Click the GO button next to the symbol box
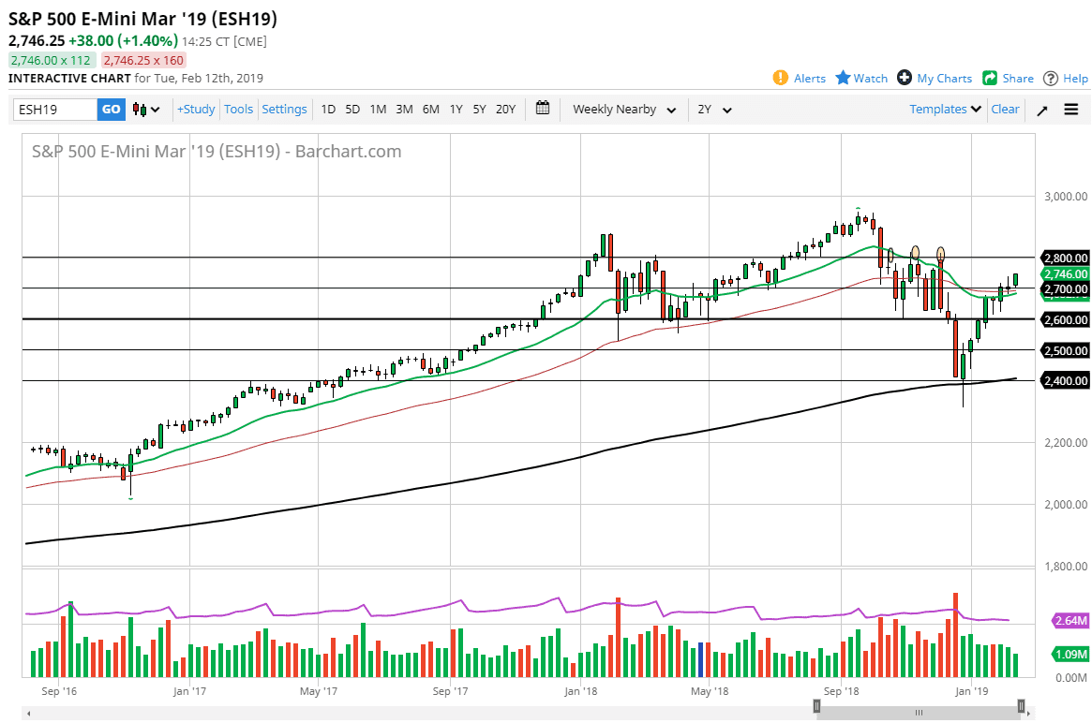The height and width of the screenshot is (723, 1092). [111, 110]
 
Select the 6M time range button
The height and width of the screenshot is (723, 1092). [430, 110]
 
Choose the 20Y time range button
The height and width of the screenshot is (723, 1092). [505, 110]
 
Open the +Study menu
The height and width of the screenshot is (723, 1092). [196, 110]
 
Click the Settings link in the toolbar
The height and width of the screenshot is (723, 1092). [284, 110]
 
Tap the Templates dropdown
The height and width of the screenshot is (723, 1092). [945, 110]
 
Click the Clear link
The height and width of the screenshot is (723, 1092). [1005, 110]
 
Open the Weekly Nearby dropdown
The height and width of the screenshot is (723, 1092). [624, 110]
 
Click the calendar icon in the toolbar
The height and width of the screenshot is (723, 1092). [543, 109]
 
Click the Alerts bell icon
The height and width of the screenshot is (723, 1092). [781, 78]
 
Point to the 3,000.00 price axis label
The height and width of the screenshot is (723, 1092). [1065, 197]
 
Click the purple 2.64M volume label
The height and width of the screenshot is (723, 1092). [1068, 620]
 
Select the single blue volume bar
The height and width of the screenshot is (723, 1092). [700, 660]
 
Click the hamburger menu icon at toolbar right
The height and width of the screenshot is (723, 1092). [1071, 110]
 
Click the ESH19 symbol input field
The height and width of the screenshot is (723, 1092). [55, 110]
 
